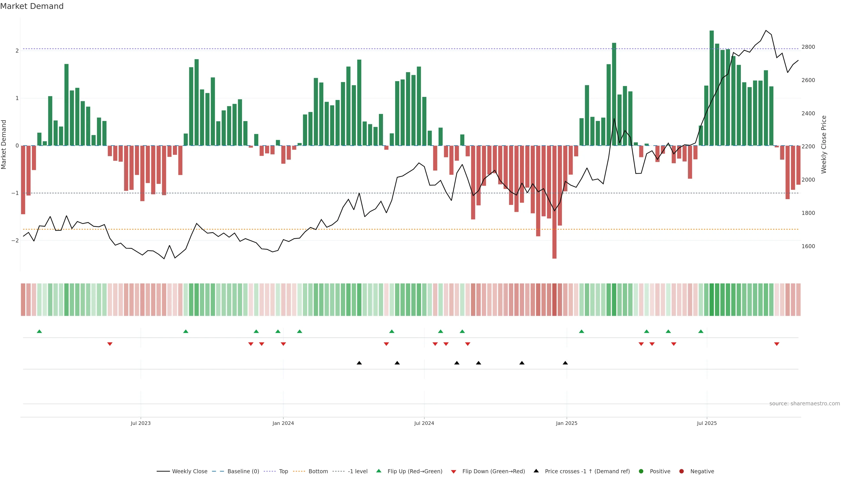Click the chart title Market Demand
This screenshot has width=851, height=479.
click(32, 6)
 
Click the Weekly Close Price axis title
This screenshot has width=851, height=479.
click(824, 144)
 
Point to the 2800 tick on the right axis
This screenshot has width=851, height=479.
click(808, 47)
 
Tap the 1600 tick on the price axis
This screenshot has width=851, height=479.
click(808, 246)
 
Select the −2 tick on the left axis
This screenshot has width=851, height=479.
click(15, 241)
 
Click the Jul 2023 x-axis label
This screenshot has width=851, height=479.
click(141, 423)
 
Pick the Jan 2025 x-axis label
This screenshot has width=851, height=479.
click(567, 423)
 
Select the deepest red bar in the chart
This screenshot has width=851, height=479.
click(554, 202)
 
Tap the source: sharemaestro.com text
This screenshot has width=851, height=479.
click(804, 404)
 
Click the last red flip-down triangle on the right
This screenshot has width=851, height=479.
click(777, 344)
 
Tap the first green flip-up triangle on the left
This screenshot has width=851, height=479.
click(39, 331)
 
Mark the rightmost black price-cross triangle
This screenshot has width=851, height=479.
click(565, 363)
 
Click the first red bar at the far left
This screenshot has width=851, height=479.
click(23, 180)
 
